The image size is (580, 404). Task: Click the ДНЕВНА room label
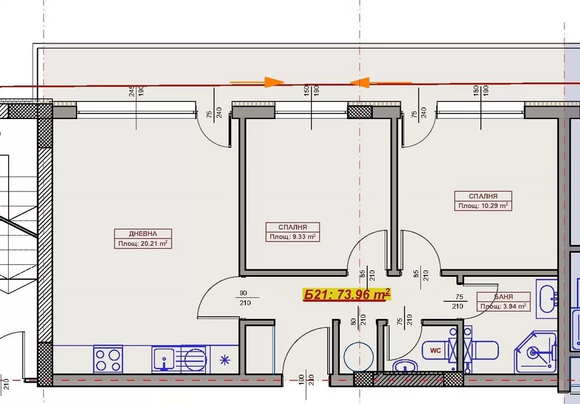(x=143, y=234)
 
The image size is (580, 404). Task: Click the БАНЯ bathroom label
(x=503, y=297)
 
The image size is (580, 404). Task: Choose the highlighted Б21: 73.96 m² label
(x=347, y=295)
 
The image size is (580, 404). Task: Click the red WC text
(x=436, y=350)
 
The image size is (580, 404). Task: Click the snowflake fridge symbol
(x=225, y=360)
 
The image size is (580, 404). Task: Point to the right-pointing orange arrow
(x=257, y=82)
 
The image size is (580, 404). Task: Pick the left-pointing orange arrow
(x=380, y=82)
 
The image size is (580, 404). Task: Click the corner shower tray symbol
(x=536, y=352)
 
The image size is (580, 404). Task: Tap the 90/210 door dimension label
(x=245, y=298)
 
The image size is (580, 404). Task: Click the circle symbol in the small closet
(x=358, y=357)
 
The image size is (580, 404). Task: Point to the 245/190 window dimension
(x=136, y=91)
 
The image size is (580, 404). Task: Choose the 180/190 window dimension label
(x=480, y=91)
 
